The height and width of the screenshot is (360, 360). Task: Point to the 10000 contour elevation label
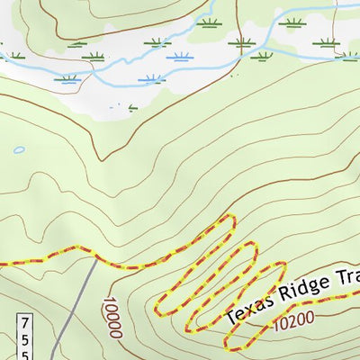click(x=112, y=319)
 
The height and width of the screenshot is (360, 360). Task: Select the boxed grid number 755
click(x=25, y=336)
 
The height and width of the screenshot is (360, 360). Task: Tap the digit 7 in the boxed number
click(x=25, y=321)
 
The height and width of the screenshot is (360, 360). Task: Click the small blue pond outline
click(x=19, y=149)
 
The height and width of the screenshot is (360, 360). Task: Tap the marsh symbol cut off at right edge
click(x=350, y=56)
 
